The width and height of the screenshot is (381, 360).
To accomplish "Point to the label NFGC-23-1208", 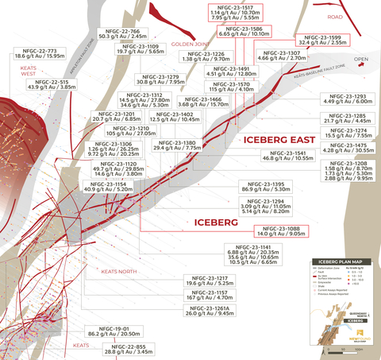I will [348, 162].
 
